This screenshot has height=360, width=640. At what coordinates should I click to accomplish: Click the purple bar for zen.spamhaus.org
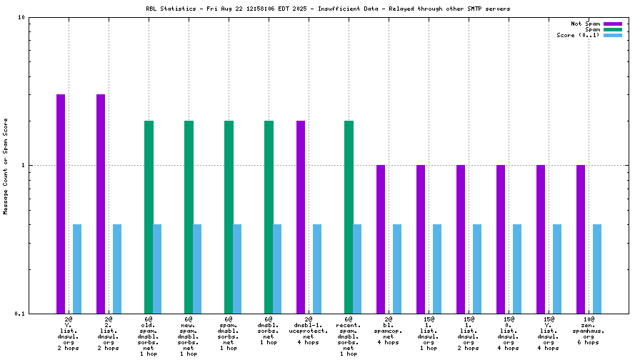pos(581,239)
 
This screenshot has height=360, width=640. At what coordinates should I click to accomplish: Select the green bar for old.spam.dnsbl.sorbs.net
pos(149,216)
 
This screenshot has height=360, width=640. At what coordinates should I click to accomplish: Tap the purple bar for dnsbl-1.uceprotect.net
pos(301,216)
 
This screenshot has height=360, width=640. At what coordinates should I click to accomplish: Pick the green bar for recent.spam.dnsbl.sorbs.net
pos(349,216)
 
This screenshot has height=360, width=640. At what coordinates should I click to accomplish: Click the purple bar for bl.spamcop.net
pos(381,239)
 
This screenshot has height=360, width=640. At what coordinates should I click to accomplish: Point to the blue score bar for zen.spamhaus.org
pos(597,269)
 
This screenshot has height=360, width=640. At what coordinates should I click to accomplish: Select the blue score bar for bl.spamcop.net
pos(397,269)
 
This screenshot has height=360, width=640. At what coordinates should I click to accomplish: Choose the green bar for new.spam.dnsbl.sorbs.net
pos(189,216)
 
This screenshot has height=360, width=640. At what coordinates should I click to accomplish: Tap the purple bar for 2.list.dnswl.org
pos(101,204)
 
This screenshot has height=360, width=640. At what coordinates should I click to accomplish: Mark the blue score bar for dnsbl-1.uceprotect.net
pos(317,269)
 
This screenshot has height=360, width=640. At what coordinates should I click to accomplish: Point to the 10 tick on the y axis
pos(21,17)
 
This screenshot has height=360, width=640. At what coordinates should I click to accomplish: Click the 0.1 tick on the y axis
pos(20,314)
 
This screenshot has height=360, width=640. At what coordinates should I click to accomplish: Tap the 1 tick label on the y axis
pos(24,165)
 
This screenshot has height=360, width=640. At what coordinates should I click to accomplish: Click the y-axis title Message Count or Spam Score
pos(6,166)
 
